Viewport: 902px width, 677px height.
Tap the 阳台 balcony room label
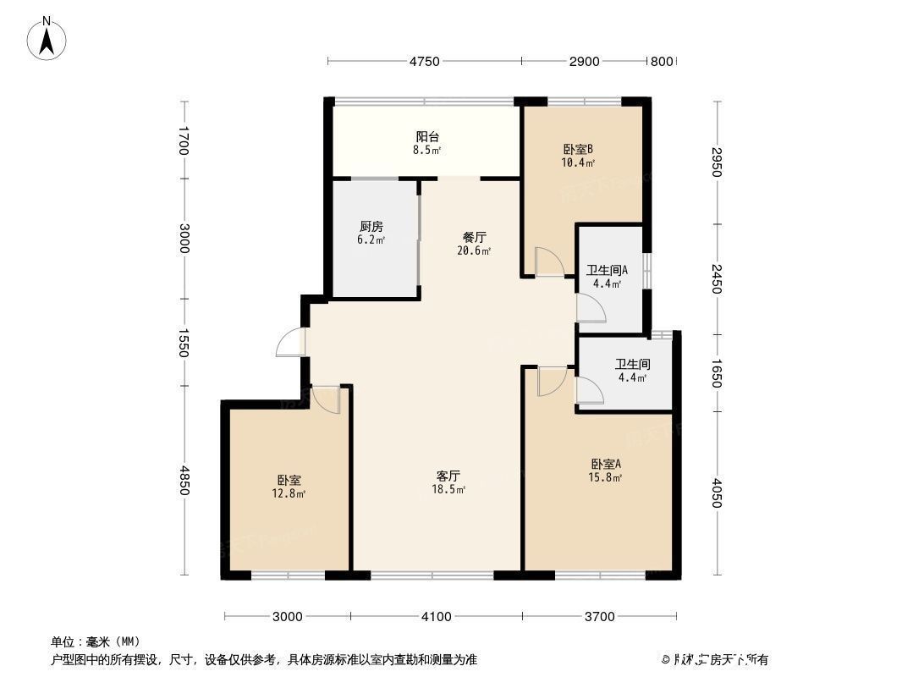[x=427, y=136]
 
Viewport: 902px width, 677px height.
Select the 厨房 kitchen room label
[x=371, y=226]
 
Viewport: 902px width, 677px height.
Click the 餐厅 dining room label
[x=474, y=238]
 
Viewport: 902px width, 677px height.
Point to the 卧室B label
[x=578, y=149]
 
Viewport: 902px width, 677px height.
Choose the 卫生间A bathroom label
[x=607, y=271]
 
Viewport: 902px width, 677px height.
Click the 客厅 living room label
[x=448, y=476]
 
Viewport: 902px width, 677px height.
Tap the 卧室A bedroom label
[x=606, y=464]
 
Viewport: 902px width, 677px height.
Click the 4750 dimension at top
[x=425, y=61]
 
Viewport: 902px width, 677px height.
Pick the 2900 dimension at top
[x=585, y=61]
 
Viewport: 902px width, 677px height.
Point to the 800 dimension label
[x=661, y=61]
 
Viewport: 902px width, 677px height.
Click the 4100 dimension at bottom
[x=437, y=616]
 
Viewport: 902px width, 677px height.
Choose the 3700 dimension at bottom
[x=599, y=616]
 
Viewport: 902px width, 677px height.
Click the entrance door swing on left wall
[x=292, y=342]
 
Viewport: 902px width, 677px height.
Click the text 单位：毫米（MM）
[x=95, y=641]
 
